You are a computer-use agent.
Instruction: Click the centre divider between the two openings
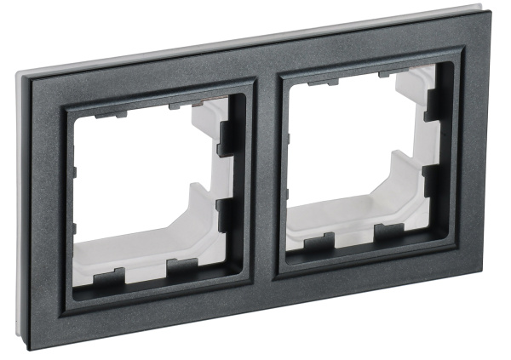(x=267, y=183)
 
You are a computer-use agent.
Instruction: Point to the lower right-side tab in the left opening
(x=228, y=213)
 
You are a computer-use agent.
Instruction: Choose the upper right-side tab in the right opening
(x=433, y=104)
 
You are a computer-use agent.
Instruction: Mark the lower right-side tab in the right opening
(x=433, y=180)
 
